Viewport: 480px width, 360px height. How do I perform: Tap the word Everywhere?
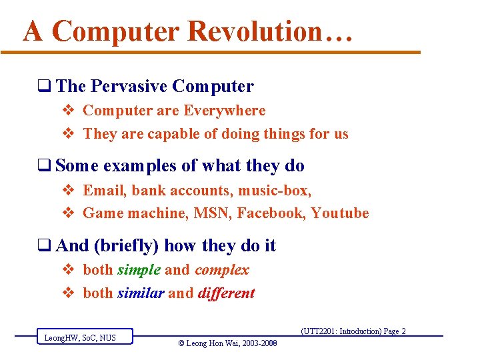click(x=224, y=111)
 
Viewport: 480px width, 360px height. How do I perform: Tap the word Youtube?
click(x=340, y=213)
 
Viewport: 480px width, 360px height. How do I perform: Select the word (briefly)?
click(x=127, y=246)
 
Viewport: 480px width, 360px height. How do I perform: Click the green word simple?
click(x=139, y=270)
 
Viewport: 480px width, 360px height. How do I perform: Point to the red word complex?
click(x=221, y=270)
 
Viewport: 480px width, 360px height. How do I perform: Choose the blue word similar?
click(x=141, y=293)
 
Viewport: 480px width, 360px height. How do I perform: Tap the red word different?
click(x=226, y=293)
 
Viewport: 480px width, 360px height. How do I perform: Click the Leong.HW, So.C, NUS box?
click(x=84, y=337)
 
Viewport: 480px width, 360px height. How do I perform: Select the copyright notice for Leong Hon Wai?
click(x=227, y=343)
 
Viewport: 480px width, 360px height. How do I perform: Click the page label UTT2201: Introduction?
click(x=353, y=331)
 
